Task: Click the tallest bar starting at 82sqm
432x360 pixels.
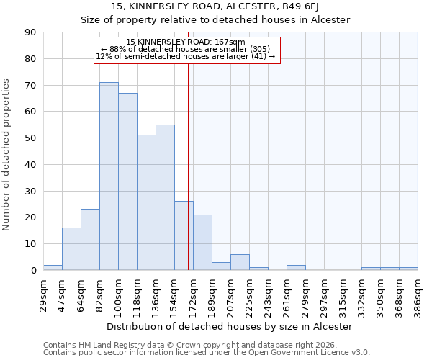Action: tap(109, 176)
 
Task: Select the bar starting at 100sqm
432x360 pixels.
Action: tap(127, 181)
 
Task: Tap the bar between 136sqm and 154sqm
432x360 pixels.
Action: tap(165, 197)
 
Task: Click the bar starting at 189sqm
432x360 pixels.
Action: tap(221, 266)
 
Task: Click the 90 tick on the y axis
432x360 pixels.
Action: tap(31, 32)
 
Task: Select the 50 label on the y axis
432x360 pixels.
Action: tap(31, 138)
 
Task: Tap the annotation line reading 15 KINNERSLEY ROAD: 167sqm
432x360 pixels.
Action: tap(186, 42)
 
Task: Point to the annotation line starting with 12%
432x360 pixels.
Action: tap(186, 56)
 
